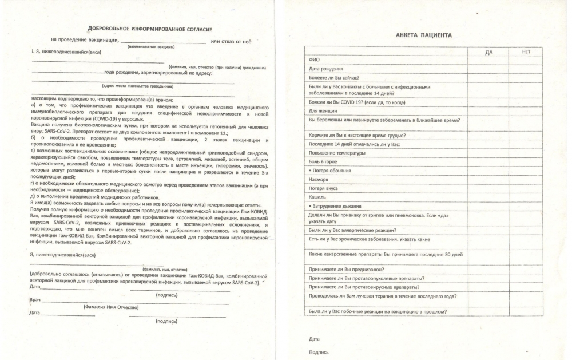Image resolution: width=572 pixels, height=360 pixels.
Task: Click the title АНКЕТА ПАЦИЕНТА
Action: point(423,35)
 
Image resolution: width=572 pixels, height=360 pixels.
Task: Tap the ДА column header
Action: point(488,52)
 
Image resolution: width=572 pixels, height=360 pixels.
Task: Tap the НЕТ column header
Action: point(526,52)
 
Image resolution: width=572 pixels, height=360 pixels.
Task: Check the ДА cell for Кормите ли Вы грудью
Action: point(488,135)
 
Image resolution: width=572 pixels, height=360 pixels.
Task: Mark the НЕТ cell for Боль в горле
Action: point(526,162)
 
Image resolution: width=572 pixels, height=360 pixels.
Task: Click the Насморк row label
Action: point(318,180)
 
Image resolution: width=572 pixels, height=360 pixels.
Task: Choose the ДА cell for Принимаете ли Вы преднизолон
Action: point(488,269)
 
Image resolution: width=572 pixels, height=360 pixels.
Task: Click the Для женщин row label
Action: point(323,110)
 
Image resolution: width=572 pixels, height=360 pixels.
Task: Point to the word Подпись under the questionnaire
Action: point(319,352)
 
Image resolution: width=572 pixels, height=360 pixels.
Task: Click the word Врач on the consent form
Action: point(34,300)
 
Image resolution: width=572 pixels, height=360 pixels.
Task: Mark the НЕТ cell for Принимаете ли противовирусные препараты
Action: point(526,287)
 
